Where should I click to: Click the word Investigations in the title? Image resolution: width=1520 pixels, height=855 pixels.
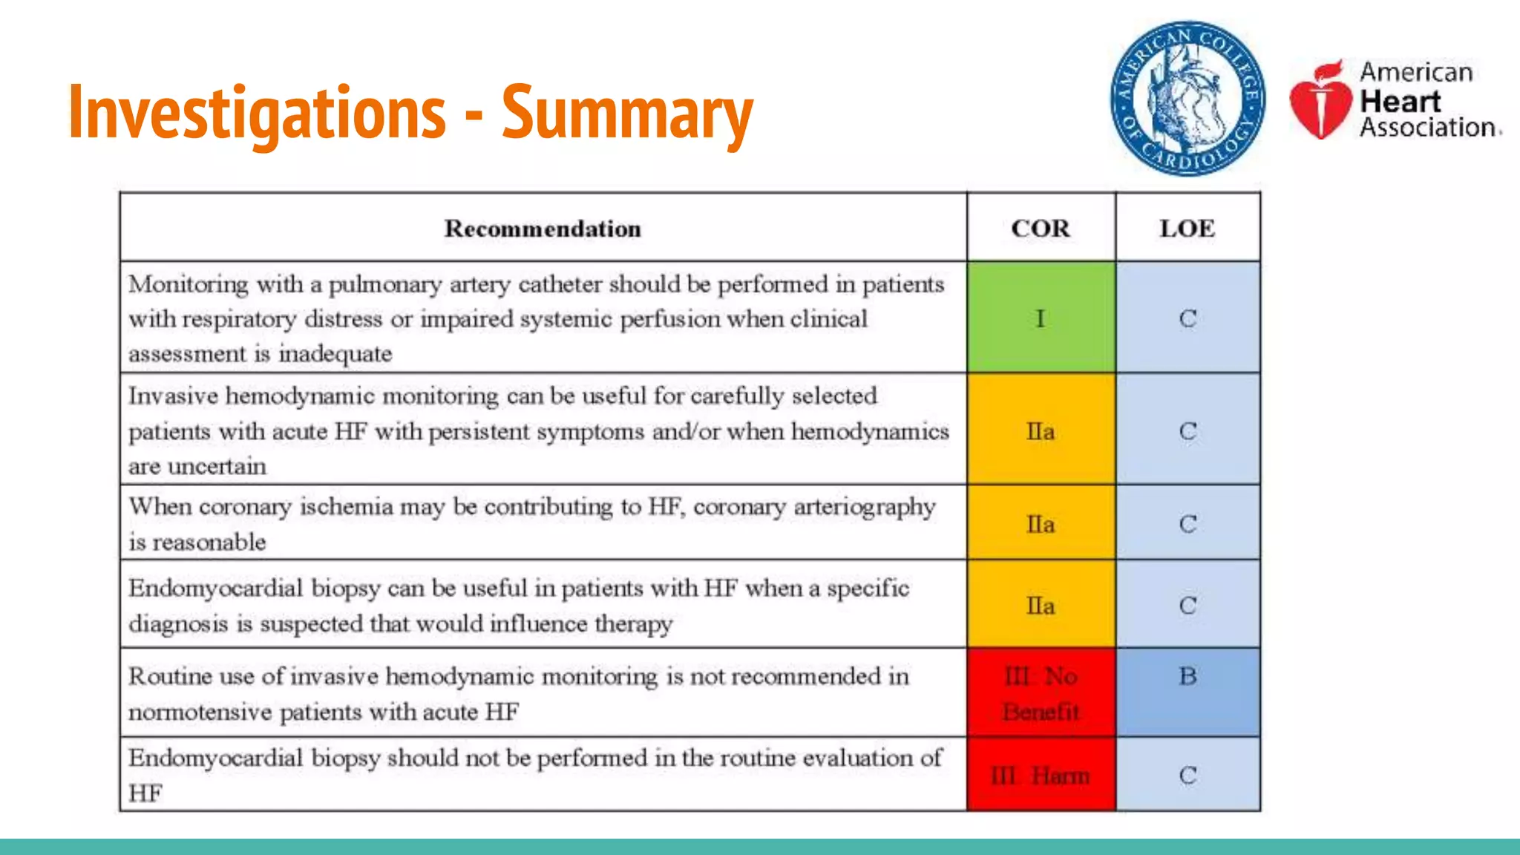(257, 113)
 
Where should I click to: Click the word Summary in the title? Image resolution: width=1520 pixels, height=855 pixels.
(627, 113)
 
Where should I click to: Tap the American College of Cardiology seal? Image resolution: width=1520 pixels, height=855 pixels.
(1187, 99)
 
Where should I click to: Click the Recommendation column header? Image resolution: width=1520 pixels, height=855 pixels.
(543, 229)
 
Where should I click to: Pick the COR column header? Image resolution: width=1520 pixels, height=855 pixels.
(1041, 229)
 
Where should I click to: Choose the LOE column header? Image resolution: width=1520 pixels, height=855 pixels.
(1187, 229)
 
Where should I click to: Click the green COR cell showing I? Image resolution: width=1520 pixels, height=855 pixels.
(1041, 318)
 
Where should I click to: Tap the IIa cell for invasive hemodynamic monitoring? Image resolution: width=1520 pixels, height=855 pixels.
(1041, 430)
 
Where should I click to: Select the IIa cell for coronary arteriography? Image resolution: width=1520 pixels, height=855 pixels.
(1041, 524)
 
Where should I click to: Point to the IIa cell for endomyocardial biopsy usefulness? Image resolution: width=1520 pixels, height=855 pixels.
(1041, 606)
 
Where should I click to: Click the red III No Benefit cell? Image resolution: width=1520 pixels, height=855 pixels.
(1041, 693)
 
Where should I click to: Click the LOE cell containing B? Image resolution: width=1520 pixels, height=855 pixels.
(1187, 676)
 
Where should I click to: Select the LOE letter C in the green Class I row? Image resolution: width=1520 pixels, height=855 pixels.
(1187, 318)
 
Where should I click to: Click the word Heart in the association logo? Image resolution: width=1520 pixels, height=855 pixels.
(1400, 101)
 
